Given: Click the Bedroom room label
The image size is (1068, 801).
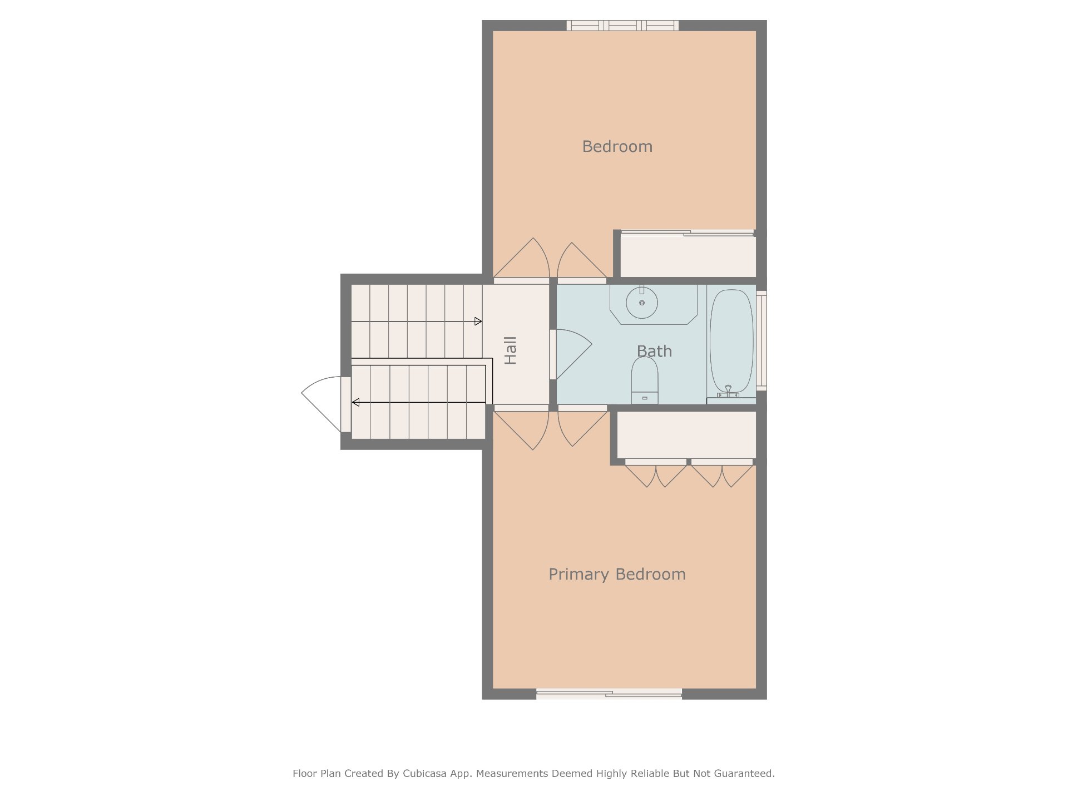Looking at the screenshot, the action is click(617, 146).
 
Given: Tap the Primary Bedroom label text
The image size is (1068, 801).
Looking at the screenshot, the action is click(617, 575).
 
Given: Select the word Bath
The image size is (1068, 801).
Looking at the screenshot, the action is click(654, 351).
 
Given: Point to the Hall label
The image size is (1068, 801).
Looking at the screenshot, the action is click(510, 350).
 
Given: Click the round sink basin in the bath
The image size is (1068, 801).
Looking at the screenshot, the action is click(642, 303).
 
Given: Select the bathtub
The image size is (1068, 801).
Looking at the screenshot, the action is click(731, 340).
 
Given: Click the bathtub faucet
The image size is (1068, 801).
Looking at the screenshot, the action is click(728, 391).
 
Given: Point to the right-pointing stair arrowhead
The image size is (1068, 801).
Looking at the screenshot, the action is click(478, 322).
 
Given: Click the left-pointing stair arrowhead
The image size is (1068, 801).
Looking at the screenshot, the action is click(355, 402).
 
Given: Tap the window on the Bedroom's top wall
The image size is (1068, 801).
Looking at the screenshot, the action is click(622, 26).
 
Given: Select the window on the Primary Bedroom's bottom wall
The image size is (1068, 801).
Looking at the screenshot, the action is click(609, 694).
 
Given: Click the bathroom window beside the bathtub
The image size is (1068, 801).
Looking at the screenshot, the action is click(762, 340).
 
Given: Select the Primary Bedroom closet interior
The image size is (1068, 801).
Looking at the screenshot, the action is click(686, 434).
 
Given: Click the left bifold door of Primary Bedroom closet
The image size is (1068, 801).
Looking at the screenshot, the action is click(656, 473).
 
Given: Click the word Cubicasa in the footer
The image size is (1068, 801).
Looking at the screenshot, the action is click(424, 773).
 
